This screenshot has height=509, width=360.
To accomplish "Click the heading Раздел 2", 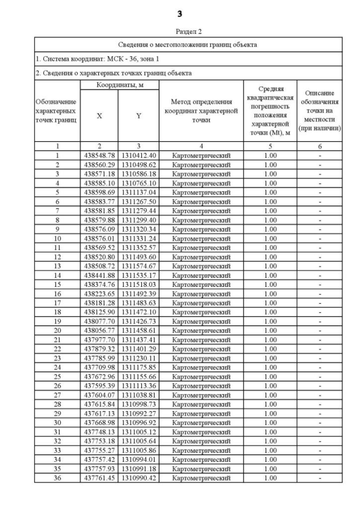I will pos(180,31).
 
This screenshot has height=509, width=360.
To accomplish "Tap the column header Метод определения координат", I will pos(201,111).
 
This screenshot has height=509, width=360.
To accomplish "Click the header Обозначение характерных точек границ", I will pos(57,111).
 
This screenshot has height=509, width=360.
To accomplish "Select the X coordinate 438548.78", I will pos(100,155).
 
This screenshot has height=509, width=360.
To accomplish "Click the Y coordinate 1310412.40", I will pos(138,155).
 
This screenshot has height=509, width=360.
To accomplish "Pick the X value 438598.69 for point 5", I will pos(100,191).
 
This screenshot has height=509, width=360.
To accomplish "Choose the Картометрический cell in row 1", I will pos(201,155).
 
